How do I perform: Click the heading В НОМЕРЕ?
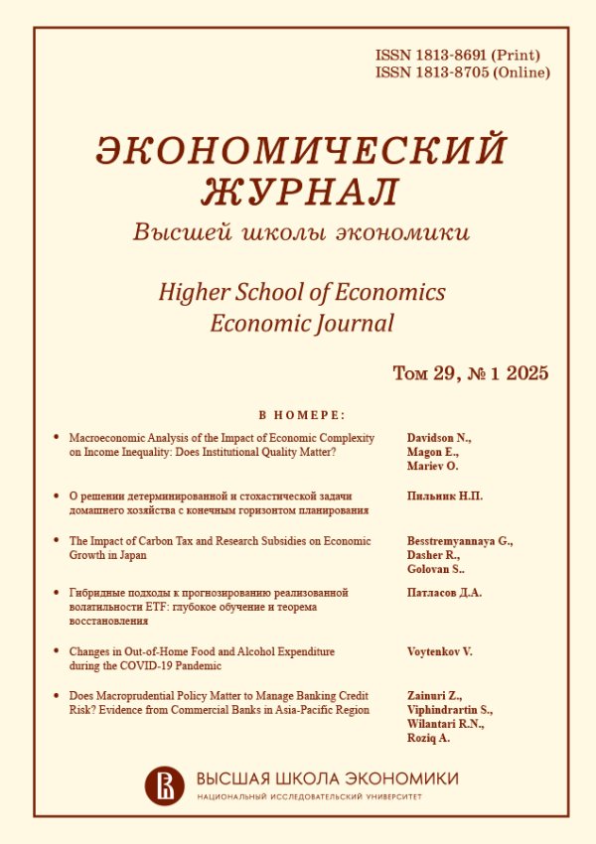302,415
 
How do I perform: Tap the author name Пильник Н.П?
446,495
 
